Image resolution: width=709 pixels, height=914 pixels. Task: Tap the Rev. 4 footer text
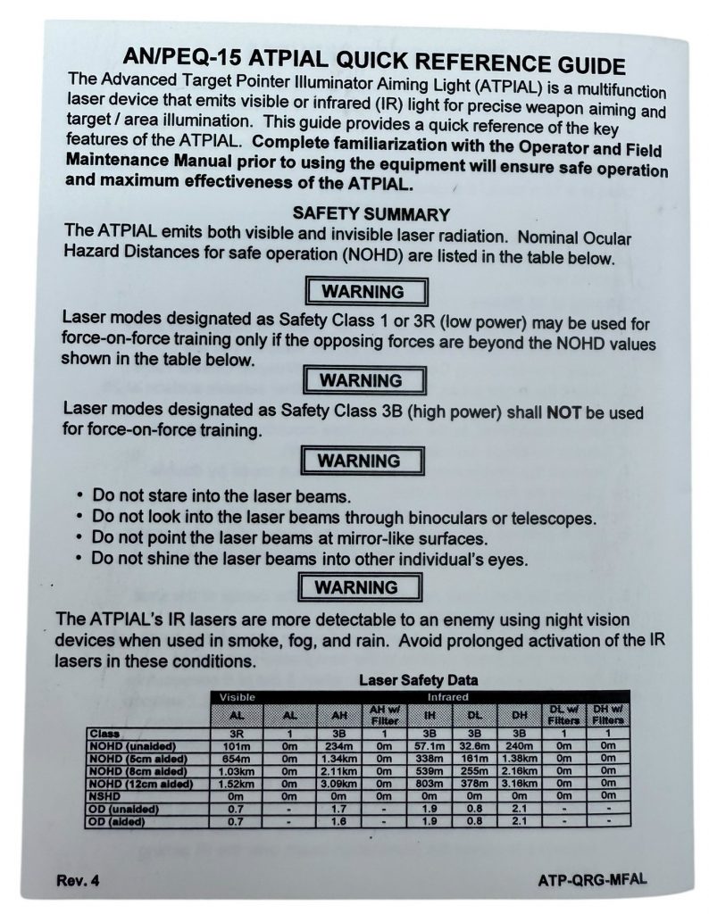79,880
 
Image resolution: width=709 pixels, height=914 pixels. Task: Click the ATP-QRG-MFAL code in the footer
591,879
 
